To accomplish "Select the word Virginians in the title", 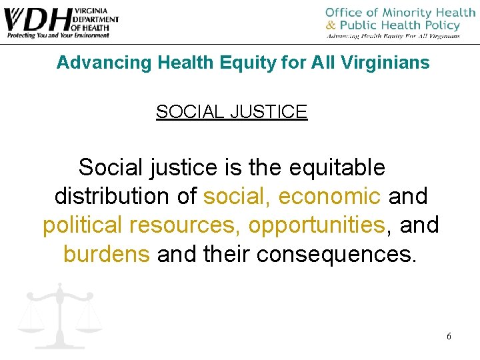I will (386, 63).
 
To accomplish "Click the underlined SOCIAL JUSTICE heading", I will (231, 112).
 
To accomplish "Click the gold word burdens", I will (107, 254).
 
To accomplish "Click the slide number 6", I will (449, 336).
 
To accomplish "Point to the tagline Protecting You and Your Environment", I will (57, 35).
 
